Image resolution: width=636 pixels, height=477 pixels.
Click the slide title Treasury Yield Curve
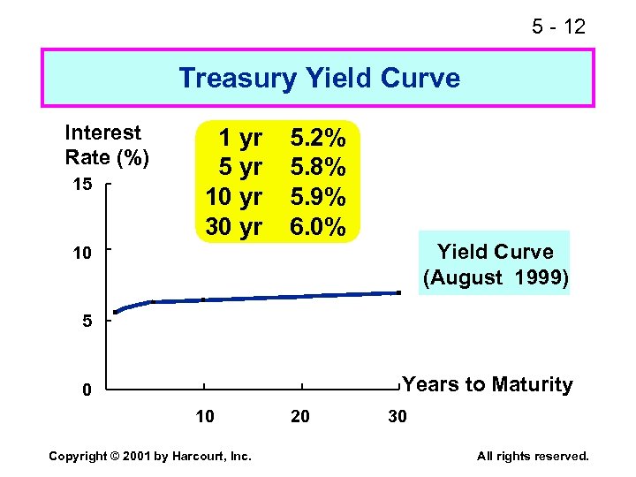(x=319, y=79)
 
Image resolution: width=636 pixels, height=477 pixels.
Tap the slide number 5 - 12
(x=558, y=27)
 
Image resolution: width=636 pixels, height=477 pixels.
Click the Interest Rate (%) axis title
(x=107, y=145)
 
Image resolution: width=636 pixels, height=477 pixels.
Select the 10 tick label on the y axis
(x=82, y=254)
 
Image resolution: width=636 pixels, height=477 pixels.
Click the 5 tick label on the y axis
(x=87, y=322)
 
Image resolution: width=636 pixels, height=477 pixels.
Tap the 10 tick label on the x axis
(x=204, y=416)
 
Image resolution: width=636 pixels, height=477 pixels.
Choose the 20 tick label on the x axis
(x=300, y=416)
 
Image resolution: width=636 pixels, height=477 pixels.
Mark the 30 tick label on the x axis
(x=397, y=416)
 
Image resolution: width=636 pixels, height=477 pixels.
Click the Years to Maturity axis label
(x=487, y=385)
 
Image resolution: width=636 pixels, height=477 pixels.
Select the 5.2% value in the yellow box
(x=319, y=138)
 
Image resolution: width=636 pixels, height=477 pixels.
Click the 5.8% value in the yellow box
(x=319, y=167)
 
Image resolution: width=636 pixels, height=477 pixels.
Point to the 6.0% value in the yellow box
(x=319, y=227)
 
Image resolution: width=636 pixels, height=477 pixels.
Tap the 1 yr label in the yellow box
(x=240, y=138)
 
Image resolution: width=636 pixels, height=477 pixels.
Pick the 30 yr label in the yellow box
(x=234, y=227)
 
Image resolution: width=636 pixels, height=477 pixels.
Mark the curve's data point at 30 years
(x=398, y=292)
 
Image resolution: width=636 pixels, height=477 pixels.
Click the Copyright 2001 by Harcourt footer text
(x=150, y=456)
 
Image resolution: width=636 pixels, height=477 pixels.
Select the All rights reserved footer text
(x=533, y=456)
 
